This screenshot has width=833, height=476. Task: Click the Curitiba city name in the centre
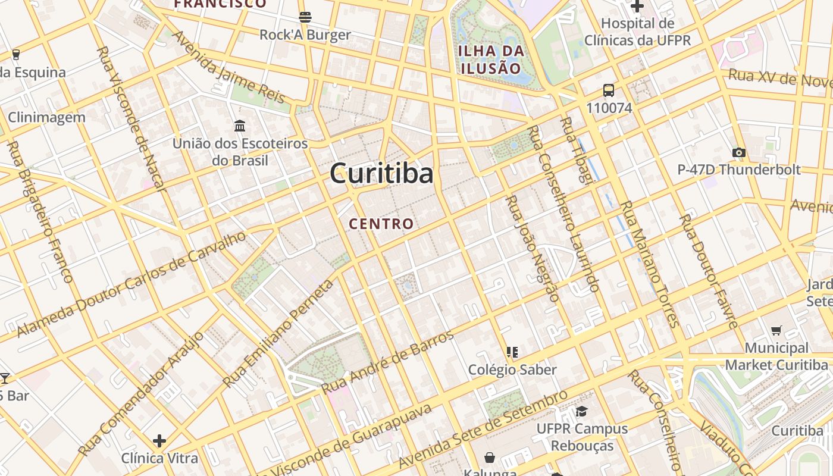381,174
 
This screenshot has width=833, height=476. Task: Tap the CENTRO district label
381,224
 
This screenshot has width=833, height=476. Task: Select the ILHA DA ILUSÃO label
491,59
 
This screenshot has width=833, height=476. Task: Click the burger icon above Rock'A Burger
305,17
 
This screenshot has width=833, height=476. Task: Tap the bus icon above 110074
609,90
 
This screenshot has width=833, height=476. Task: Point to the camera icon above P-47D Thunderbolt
739,153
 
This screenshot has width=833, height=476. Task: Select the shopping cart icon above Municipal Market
776,330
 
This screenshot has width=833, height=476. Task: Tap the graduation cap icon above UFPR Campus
581,411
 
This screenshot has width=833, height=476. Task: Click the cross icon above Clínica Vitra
159,441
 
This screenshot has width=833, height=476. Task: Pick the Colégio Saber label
512,369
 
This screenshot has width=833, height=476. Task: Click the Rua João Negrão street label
532,248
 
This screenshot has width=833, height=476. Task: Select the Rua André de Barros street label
388,361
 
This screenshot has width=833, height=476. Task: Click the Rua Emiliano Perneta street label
279,333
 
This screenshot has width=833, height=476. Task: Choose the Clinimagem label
46,117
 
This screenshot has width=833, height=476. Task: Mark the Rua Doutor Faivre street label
709,271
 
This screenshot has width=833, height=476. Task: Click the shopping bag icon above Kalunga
489,457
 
